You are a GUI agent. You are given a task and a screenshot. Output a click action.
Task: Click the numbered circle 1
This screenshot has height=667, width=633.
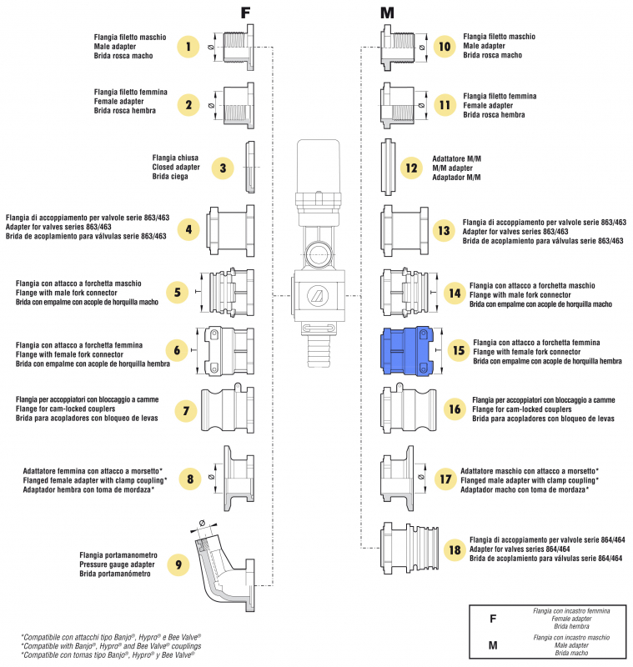pyautogui.click(x=189, y=47)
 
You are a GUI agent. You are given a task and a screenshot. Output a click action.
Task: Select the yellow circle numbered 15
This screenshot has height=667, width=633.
pyautogui.click(x=457, y=350)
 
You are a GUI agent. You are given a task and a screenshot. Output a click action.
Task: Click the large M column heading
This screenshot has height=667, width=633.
pyautogui.click(x=387, y=13)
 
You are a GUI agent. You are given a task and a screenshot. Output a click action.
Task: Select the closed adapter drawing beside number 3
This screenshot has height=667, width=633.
pyautogui.click(x=249, y=167)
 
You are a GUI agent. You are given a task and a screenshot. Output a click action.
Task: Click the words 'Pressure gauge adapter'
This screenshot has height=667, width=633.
pyautogui.click(x=118, y=564)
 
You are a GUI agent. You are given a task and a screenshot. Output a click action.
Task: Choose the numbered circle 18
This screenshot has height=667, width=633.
pyautogui.click(x=454, y=549)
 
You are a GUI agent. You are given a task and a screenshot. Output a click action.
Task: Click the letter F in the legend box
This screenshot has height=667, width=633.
pyautogui.click(x=494, y=619)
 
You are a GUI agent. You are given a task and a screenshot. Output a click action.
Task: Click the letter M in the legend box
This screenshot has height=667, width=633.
pyautogui.click(x=494, y=644)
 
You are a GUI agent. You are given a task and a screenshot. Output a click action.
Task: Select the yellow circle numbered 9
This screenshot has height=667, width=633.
pyautogui.click(x=178, y=564)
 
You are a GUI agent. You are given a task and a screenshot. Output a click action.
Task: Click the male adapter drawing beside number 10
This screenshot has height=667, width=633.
pyautogui.click(x=399, y=47)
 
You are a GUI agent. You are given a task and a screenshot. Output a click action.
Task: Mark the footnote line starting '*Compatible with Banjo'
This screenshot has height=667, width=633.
pyautogui.click(x=110, y=646)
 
